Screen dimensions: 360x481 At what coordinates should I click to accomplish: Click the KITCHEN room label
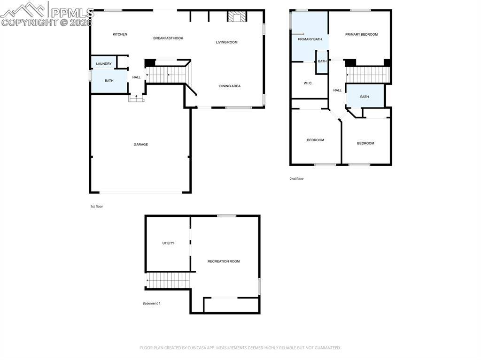(x=120, y=34)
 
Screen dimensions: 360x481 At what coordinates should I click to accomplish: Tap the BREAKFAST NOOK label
(x=168, y=38)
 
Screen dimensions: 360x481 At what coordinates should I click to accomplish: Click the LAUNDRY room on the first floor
(x=104, y=63)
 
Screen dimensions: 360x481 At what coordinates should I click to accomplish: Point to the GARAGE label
(x=140, y=145)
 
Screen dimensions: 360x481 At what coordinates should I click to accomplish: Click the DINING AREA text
(x=230, y=86)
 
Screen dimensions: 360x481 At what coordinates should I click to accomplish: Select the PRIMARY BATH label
(x=310, y=39)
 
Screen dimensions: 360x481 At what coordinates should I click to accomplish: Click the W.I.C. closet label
(x=308, y=83)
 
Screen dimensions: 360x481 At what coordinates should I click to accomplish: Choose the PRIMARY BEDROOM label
(x=361, y=34)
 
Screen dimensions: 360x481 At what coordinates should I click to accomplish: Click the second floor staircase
(x=368, y=75)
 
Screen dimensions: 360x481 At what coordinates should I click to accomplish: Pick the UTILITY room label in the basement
(x=168, y=243)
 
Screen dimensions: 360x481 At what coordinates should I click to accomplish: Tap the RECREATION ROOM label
(x=224, y=261)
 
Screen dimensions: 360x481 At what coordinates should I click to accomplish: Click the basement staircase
(x=168, y=281)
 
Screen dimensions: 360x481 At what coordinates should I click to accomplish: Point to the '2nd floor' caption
(x=296, y=179)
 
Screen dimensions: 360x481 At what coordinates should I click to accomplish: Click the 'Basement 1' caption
(x=151, y=303)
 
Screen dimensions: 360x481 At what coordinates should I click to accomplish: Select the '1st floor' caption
(x=96, y=207)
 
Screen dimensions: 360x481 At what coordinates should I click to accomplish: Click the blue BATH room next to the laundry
(x=109, y=81)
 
